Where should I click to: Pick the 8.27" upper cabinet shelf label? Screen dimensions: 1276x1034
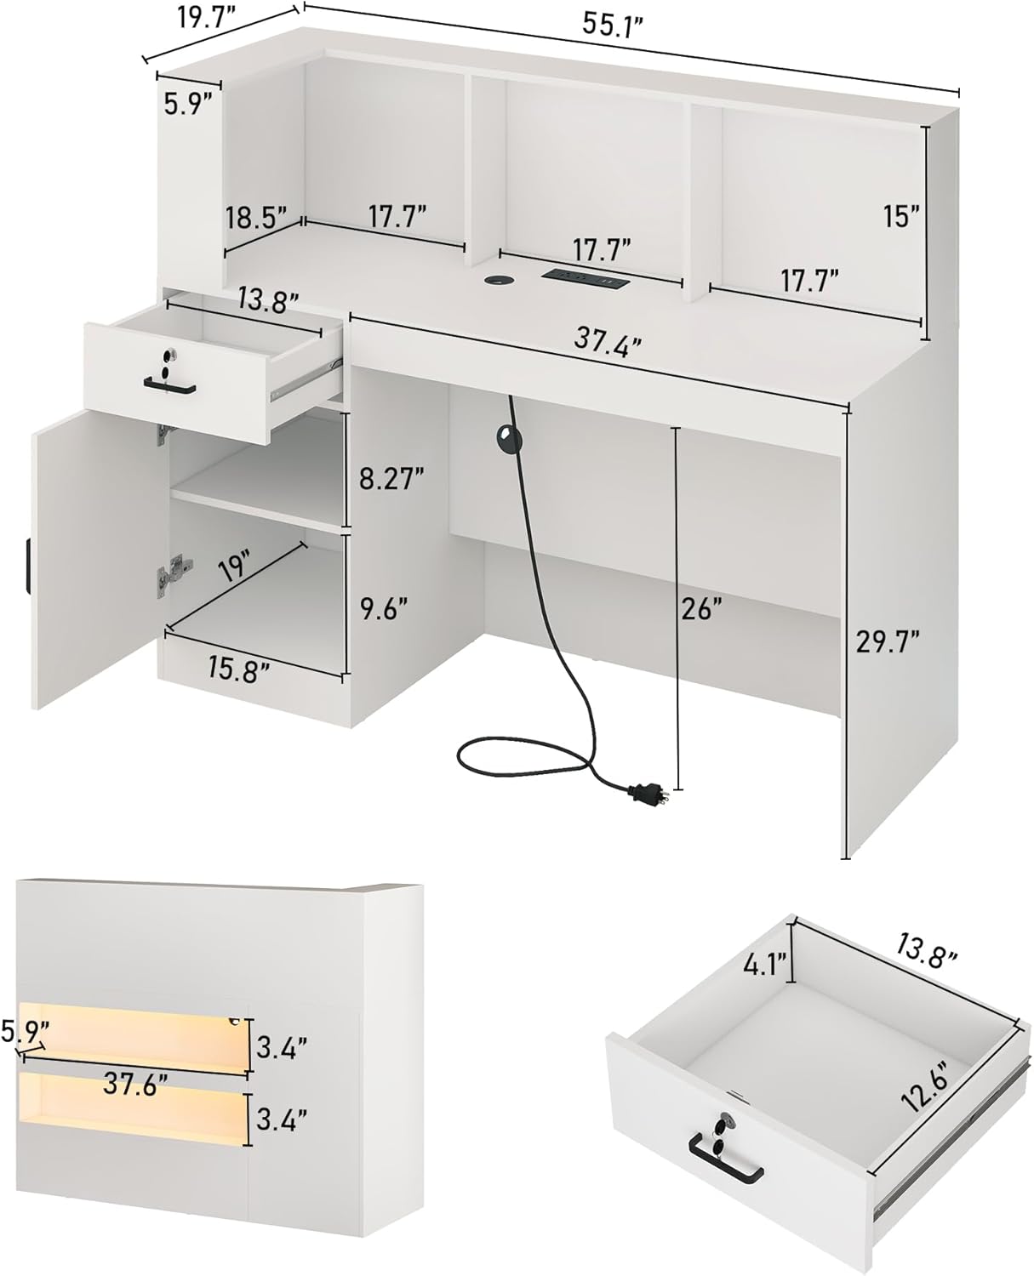[x=391, y=479]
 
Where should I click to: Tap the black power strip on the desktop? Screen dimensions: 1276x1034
[x=584, y=277]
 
